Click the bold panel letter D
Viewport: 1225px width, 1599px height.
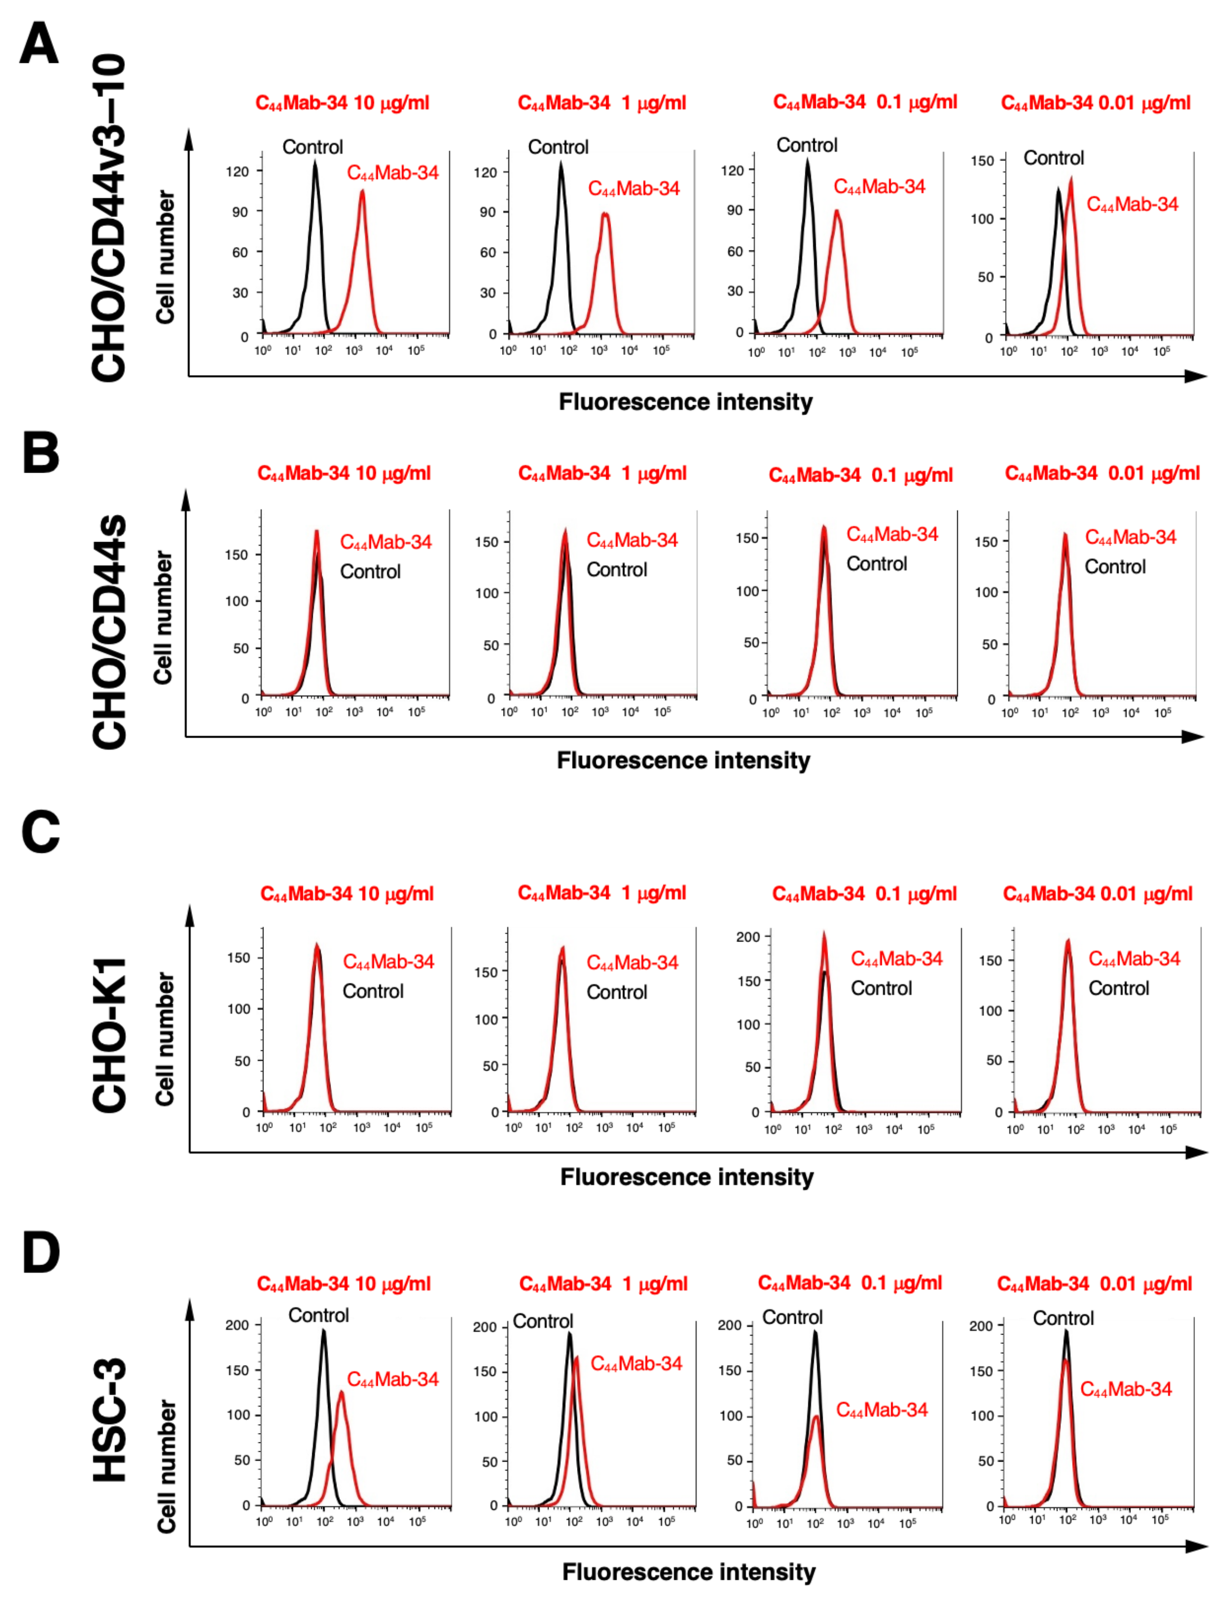pos(41,1252)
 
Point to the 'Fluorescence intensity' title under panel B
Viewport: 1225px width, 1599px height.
pos(683,761)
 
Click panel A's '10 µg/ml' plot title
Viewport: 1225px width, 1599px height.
pos(342,103)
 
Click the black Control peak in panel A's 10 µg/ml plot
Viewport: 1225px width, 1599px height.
pos(315,165)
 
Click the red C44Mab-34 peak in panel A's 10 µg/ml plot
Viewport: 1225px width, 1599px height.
pos(361,193)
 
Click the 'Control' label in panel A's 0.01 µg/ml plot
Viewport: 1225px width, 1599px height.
pos(1053,158)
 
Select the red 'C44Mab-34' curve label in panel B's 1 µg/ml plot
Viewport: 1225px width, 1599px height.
pos(632,540)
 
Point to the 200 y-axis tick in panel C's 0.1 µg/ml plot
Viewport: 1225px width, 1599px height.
pos(748,937)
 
